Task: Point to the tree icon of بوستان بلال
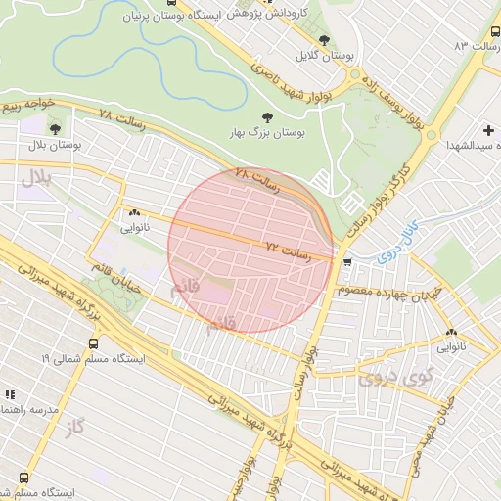tap(54, 127)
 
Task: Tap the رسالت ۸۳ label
tap(476, 46)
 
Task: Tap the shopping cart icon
tap(347, 261)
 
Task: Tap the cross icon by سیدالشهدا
tap(488, 129)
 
